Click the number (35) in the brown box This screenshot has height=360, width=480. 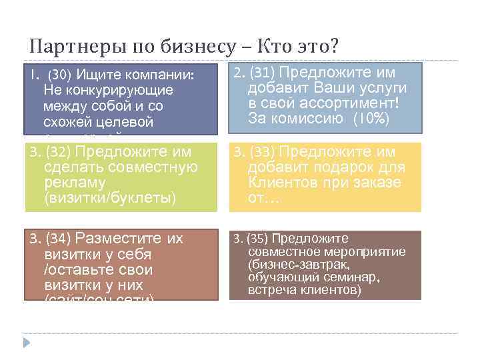point(256,238)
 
